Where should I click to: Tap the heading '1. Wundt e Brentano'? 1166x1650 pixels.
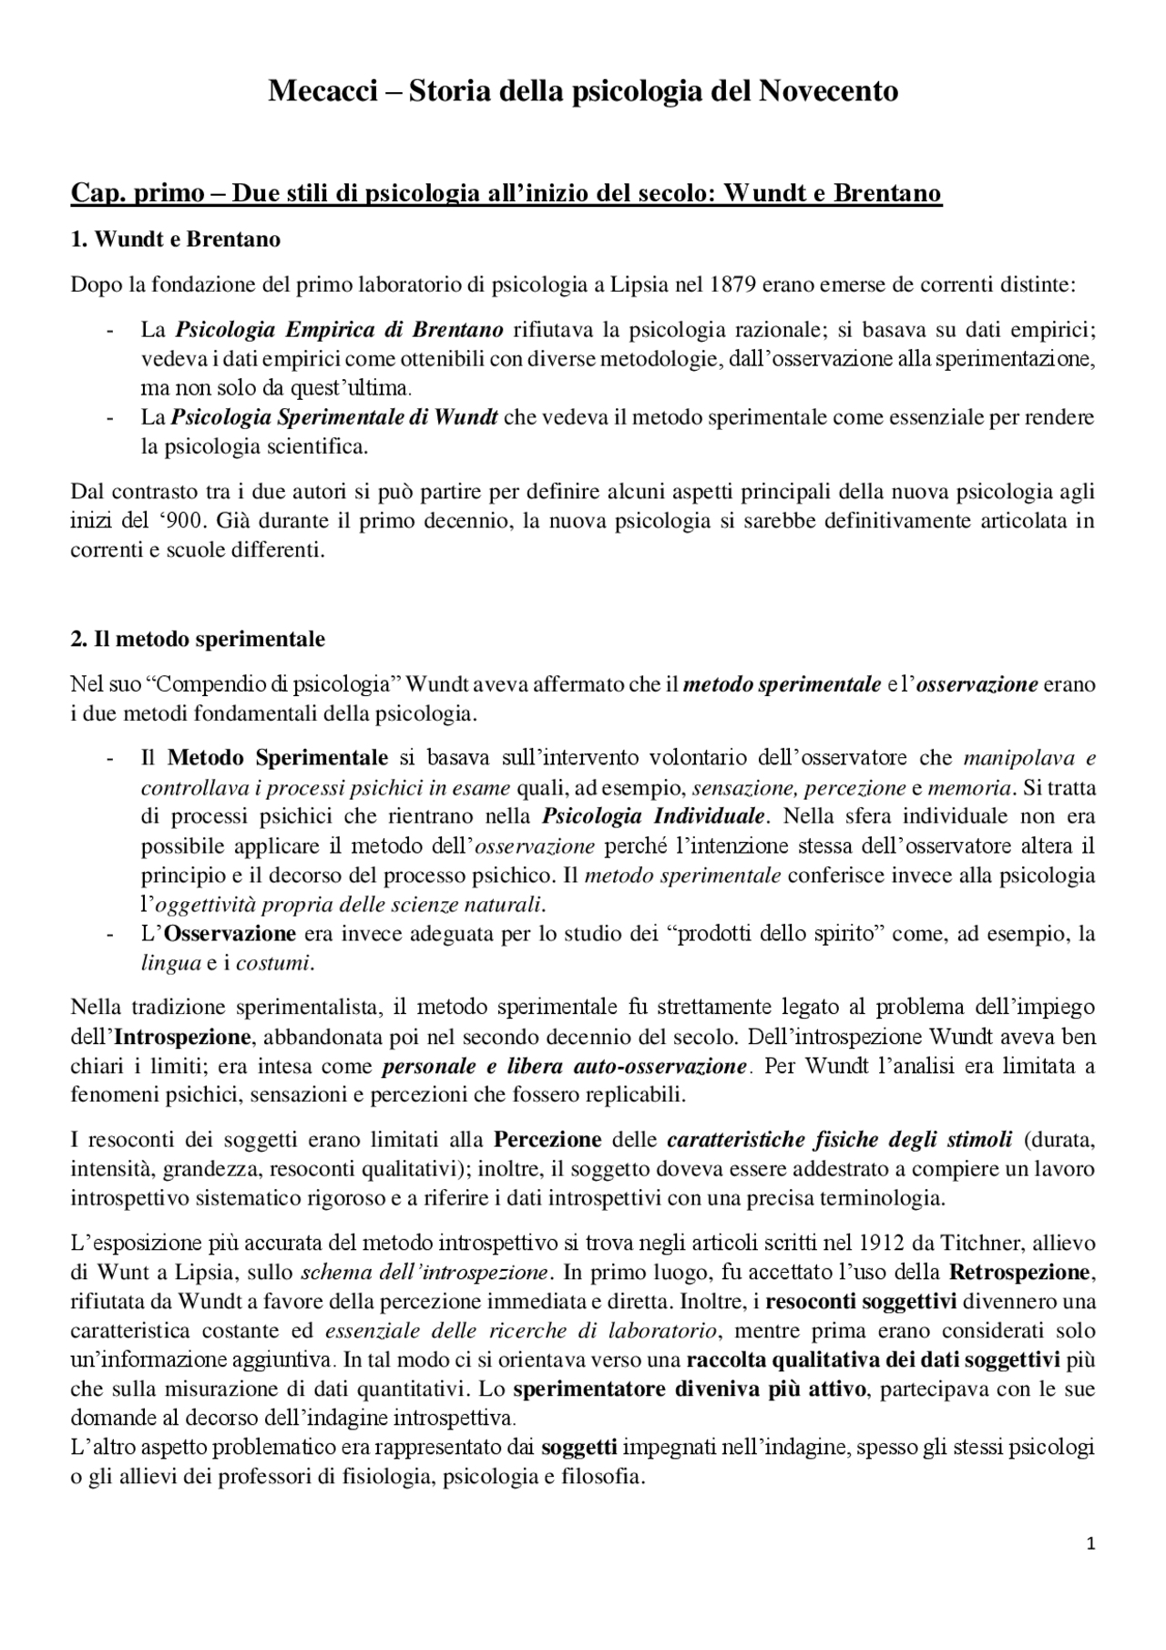click(x=176, y=240)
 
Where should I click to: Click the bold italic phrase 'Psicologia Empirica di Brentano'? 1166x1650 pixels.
click(x=339, y=329)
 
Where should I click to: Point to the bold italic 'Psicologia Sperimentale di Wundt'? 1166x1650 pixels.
click(x=334, y=417)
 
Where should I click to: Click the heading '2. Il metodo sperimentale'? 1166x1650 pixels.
click(x=198, y=639)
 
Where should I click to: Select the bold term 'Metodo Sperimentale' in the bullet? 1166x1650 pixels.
click(x=278, y=757)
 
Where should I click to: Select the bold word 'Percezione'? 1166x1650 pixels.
click(x=547, y=1140)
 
